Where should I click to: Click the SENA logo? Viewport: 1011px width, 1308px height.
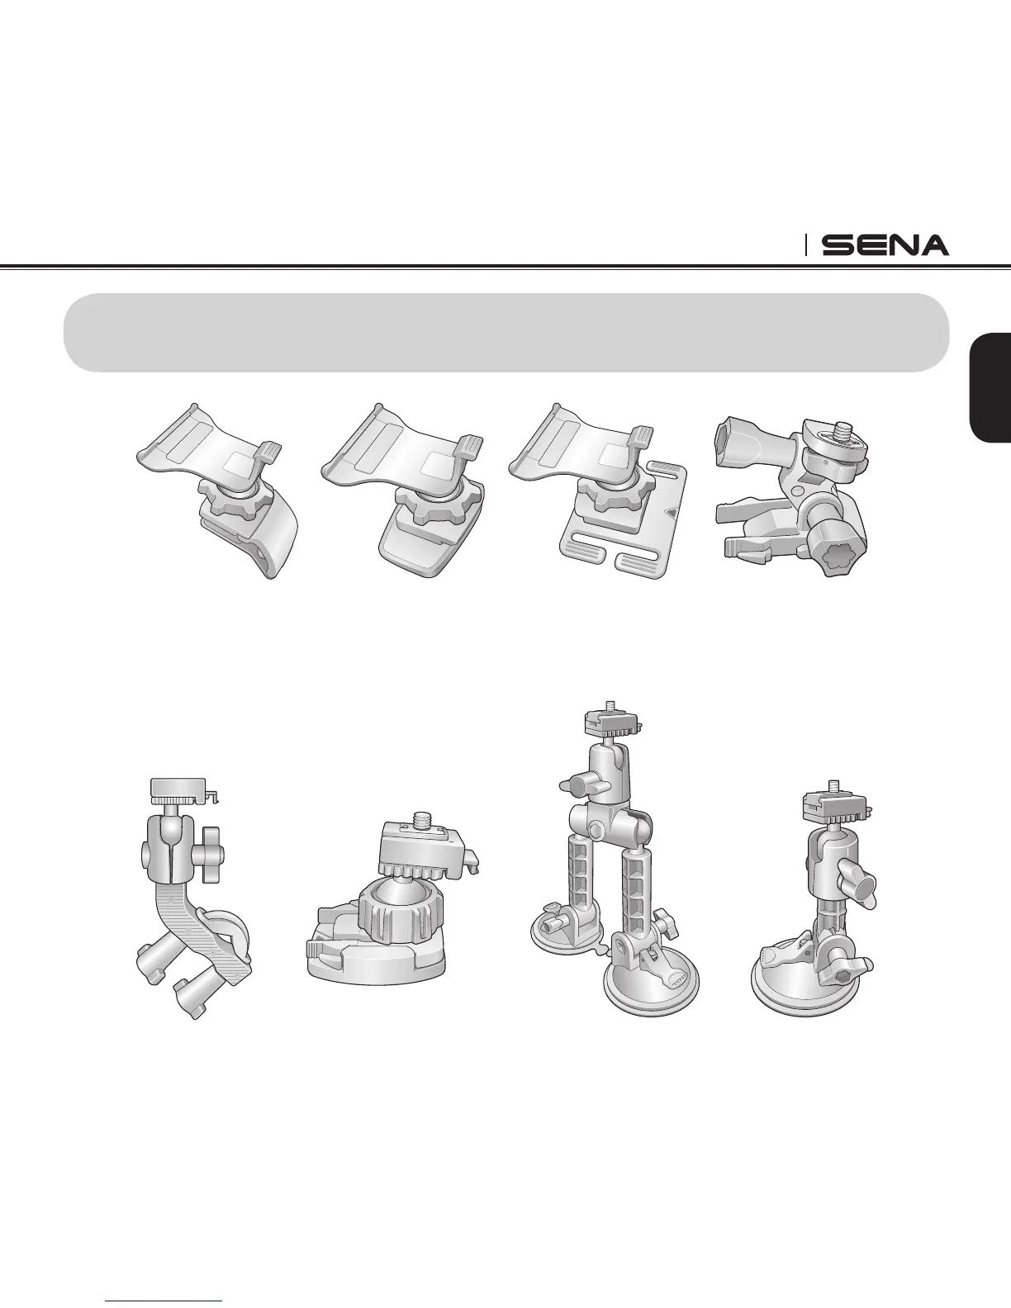[x=885, y=245]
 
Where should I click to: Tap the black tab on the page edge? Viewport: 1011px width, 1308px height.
[x=990, y=388]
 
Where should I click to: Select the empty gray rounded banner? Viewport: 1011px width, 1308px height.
[x=505, y=332]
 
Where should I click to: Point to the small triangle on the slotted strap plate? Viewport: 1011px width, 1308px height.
[x=672, y=513]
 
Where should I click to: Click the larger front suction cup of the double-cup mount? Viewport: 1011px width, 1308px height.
[x=651, y=979]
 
